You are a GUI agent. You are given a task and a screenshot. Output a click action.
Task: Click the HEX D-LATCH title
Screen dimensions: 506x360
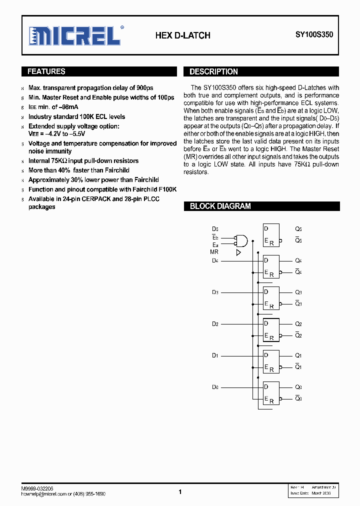(x=182, y=35)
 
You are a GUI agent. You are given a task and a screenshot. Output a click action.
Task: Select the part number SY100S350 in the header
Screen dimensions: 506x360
(x=314, y=35)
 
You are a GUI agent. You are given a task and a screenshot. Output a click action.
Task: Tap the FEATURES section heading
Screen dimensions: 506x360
(x=46, y=71)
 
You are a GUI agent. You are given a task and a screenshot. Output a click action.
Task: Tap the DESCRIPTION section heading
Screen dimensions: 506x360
(x=213, y=71)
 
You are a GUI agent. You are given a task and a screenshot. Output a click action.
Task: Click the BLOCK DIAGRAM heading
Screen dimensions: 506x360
(x=220, y=206)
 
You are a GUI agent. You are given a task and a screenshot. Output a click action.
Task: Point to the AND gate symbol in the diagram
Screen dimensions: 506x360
(x=242, y=240)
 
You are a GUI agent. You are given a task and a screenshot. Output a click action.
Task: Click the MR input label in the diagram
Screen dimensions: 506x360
(x=214, y=252)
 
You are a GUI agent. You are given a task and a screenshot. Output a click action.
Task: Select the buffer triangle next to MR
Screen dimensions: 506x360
(x=238, y=252)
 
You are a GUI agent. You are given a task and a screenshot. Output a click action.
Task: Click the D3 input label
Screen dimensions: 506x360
(x=215, y=292)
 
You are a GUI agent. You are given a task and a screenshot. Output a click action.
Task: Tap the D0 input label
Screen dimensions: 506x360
(x=215, y=387)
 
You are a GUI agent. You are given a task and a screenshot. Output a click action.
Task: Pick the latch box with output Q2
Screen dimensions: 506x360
(x=271, y=329)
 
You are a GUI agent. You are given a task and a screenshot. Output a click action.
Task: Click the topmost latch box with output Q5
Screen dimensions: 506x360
(x=271, y=234)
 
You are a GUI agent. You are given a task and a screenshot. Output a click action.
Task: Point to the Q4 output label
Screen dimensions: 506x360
(x=298, y=260)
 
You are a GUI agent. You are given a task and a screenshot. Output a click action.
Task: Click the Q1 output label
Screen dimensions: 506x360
(x=298, y=355)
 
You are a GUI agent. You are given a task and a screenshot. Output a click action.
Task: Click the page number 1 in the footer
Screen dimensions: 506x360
(x=180, y=492)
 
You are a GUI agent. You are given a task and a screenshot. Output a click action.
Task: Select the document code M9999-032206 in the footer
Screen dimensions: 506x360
(x=37, y=488)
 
